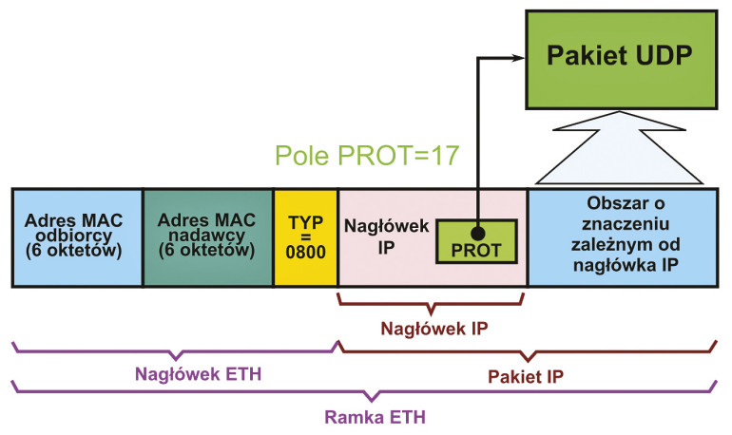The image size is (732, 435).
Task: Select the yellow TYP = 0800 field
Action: point(305,236)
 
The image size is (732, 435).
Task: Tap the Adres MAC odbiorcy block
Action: point(77,236)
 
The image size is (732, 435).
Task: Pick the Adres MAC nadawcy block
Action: point(207,236)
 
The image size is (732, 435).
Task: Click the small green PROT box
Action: point(476,241)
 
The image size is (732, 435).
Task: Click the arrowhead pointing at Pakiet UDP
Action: point(517,58)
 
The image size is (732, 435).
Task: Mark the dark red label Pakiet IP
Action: point(529,375)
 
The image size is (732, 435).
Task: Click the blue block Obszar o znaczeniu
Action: point(623,236)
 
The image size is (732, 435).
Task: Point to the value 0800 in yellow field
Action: point(305,254)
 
